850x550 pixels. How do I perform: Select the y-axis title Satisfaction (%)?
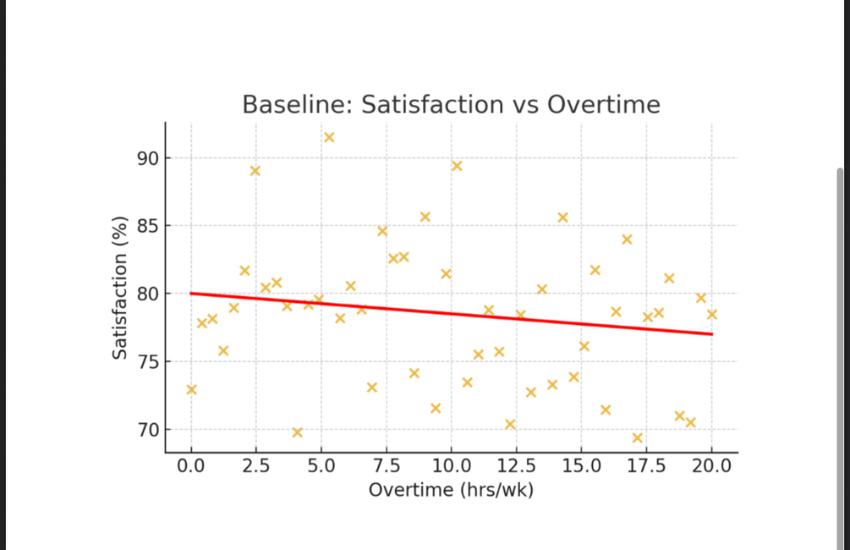pos(120,288)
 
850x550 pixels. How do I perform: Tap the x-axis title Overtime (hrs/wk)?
pos(451,490)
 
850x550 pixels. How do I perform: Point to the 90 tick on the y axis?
pos(149,158)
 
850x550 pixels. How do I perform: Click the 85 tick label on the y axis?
pos(149,226)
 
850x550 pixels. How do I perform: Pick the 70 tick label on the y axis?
pos(149,430)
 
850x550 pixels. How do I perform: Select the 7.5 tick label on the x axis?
pos(387,466)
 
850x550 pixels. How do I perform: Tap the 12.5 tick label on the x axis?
pos(516,466)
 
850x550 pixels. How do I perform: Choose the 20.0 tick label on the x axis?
pos(711,466)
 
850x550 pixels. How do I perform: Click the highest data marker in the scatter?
pos(329,137)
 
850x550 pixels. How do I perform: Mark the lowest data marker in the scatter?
pos(637,437)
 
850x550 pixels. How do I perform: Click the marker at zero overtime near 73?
pos(191,389)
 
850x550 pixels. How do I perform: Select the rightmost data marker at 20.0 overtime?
pos(711,314)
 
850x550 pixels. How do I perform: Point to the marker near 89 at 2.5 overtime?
pos(255,171)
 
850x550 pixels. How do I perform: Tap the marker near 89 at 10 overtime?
pos(457,165)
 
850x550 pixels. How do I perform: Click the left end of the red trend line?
pos(192,294)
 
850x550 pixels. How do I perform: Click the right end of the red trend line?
pos(710,334)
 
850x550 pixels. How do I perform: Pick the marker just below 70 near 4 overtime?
pos(297,432)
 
